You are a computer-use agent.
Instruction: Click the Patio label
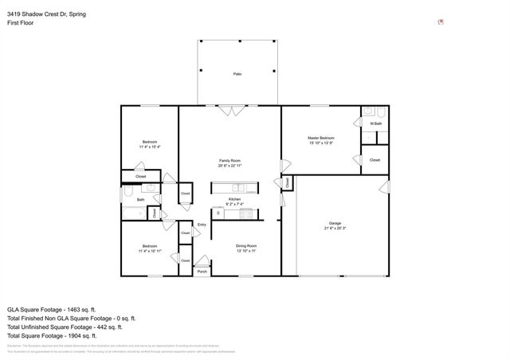point(237,74)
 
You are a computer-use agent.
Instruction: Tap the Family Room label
point(230,161)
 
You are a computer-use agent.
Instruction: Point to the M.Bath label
point(375,123)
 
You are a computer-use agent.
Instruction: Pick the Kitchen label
point(234,199)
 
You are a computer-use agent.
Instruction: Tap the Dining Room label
point(245,245)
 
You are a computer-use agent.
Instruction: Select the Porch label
point(202,272)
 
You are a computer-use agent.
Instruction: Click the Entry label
point(202,225)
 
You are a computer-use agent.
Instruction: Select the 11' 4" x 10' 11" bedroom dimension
point(150,251)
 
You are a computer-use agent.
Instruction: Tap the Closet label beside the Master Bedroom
point(375,160)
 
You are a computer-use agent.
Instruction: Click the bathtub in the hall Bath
point(134,213)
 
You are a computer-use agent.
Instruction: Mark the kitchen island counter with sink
point(234,189)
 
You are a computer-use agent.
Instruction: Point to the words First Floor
point(20,24)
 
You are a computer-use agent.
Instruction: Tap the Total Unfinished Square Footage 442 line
point(65,327)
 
